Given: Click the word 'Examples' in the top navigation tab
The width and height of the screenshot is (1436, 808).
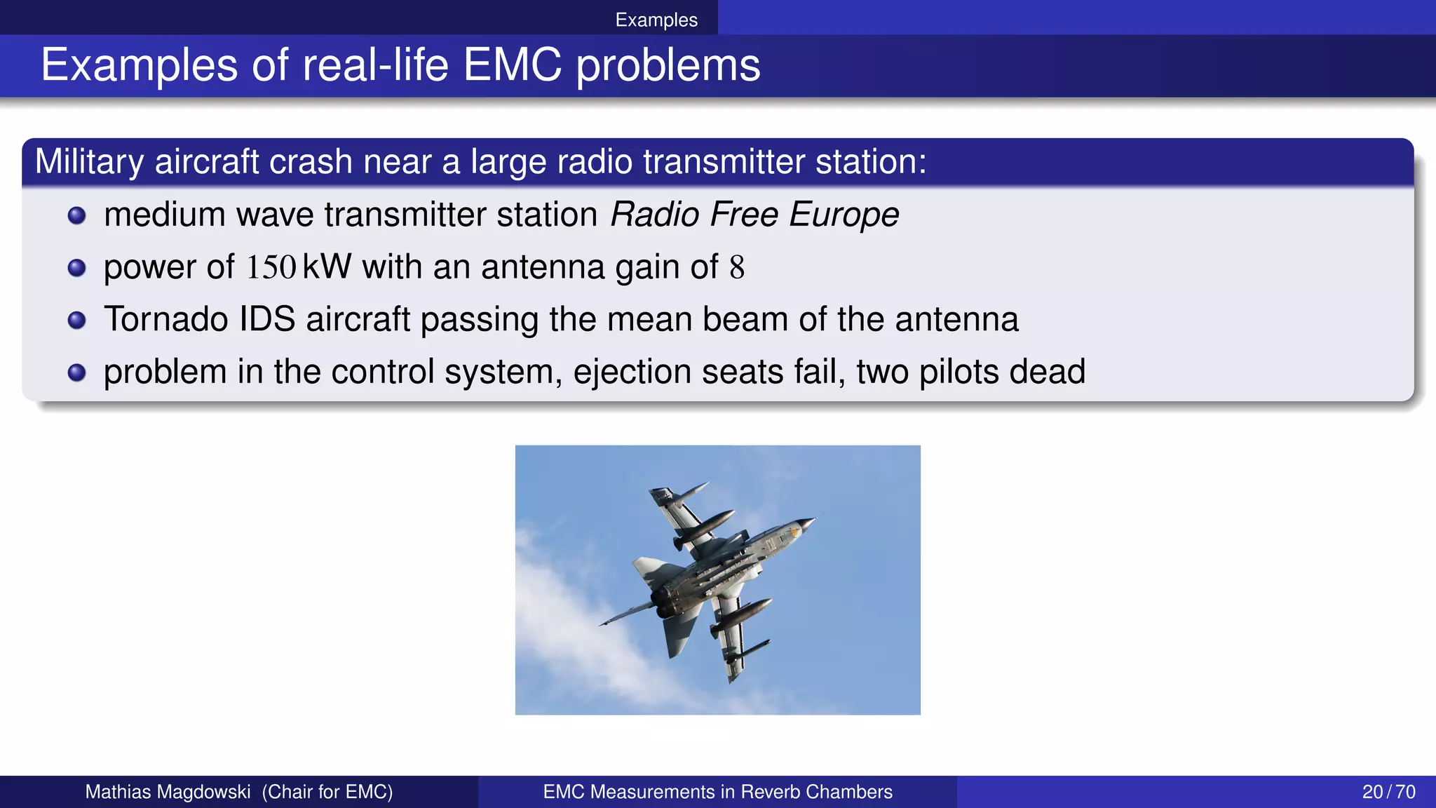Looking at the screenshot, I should pyautogui.click(x=656, y=20).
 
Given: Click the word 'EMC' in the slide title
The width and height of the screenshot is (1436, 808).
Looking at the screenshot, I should pyautogui.click(x=512, y=65).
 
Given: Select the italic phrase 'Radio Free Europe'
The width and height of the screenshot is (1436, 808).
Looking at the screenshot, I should pyautogui.click(x=754, y=214).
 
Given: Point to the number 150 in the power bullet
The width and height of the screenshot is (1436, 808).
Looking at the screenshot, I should pyautogui.click(x=271, y=267).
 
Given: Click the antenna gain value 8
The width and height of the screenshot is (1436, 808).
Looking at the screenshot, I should pyautogui.click(x=736, y=267).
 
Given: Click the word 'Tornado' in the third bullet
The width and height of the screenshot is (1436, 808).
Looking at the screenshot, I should pyautogui.click(x=166, y=319).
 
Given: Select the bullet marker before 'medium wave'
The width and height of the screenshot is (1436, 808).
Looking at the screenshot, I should pyautogui.click(x=76, y=215).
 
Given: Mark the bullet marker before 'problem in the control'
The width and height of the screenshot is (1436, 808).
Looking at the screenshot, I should pyautogui.click(x=76, y=372).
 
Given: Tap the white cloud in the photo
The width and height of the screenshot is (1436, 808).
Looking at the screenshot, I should pyautogui.click(x=561, y=617).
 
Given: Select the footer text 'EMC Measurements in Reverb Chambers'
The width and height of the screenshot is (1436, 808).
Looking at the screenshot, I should pyautogui.click(x=717, y=792).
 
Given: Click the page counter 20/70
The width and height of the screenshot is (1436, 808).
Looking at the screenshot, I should pyautogui.click(x=1388, y=792).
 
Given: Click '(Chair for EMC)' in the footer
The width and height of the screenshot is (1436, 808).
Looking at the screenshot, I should pyautogui.click(x=327, y=792).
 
